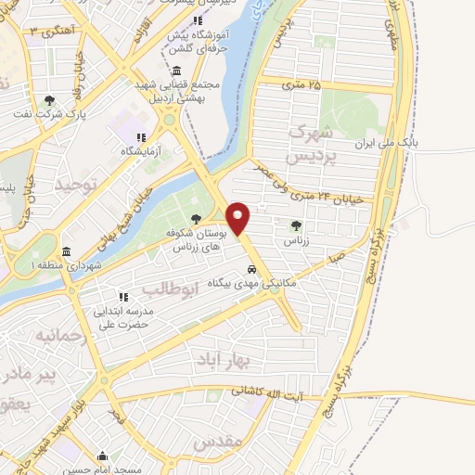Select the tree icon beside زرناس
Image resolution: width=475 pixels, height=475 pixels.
[x=296, y=225]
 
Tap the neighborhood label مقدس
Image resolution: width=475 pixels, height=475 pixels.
[x=217, y=442]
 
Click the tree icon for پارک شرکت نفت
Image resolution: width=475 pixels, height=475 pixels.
[x=49, y=101]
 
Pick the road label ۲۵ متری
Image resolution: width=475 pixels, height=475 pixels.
[x=302, y=85]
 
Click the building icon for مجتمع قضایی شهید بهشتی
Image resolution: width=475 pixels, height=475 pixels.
[x=177, y=71]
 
